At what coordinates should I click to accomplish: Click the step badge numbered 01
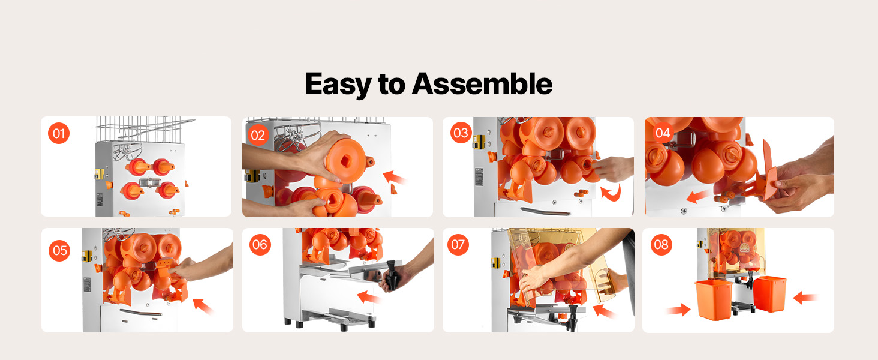point(59,133)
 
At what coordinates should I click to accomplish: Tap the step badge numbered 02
point(258,135)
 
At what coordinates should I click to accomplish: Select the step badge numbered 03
point(461,133)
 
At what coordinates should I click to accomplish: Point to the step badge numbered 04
point(663,133)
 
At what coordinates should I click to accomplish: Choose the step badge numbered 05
point(59,250)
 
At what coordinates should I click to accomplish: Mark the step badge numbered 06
point(260,244)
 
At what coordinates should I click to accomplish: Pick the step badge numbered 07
point(458,244)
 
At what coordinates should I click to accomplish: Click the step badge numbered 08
point(661,244)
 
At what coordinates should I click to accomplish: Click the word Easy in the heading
point(338,85)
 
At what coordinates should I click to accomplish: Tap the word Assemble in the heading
point(482,83)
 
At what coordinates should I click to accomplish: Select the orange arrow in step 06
point(369,297)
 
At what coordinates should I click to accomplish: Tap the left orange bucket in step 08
point(714,299)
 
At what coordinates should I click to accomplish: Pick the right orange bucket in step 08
point(770,294)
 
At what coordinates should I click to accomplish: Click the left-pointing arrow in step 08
point(805,298)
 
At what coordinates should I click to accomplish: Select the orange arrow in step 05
point(203,306)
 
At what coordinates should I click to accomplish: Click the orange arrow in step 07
point(604,312)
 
